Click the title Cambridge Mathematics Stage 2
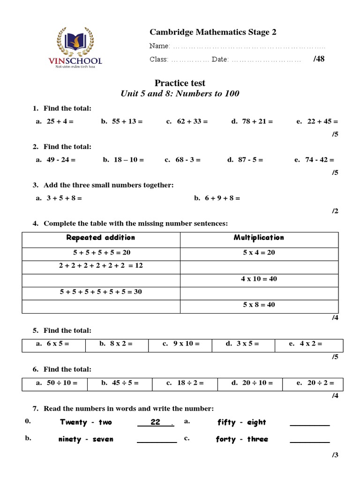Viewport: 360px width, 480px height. point(213,32)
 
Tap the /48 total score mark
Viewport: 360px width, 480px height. point(318,59)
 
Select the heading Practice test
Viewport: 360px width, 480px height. point(180,83)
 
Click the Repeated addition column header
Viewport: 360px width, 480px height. point(101,238)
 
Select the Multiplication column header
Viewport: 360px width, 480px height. point(259,238)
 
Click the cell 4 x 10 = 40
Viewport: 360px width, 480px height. point(259,279)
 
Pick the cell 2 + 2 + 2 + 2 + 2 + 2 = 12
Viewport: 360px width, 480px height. point(101,266)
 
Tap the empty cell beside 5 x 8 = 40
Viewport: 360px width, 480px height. point(101,306)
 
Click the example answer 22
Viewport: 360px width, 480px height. point(155,422)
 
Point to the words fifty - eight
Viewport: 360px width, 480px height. point(241,422)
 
